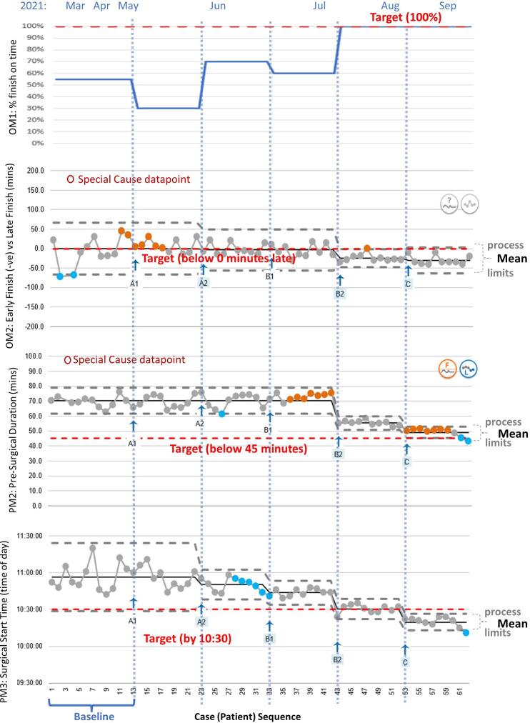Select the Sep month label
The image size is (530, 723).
coord(448,6)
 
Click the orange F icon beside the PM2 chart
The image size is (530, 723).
coord(446,369)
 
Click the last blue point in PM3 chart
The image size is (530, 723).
coord(466,633)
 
